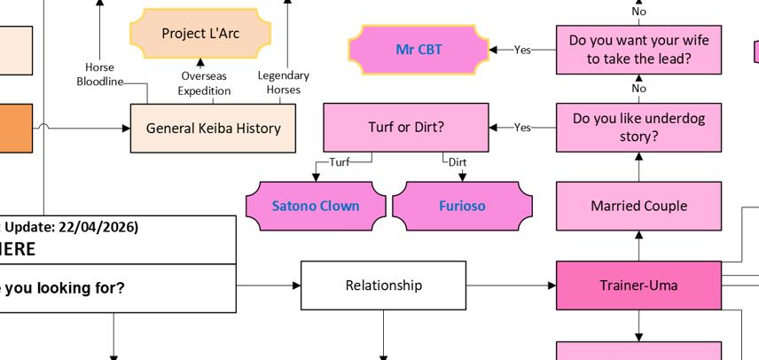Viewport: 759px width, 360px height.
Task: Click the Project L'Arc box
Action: (200, 34)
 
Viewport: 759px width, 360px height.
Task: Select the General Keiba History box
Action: (213, 129)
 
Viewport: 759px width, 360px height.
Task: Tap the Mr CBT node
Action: (419, 50)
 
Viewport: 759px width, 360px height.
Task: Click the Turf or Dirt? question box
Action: (406, 128)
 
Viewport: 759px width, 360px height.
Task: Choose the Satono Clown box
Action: (316, 206)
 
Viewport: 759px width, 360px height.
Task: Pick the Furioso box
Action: (462, 206)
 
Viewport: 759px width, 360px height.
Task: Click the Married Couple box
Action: (638, 206)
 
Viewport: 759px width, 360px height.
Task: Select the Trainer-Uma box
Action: (638, 286)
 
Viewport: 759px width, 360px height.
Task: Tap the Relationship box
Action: (383, 286)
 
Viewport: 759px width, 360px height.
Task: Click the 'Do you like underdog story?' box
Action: (638, 128)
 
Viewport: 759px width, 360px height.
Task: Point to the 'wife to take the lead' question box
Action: (638, 50)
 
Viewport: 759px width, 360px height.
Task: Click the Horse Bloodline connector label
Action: (99, 74)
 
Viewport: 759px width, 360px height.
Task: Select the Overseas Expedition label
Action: (204, 83)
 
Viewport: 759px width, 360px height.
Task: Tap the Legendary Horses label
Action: (284, 82)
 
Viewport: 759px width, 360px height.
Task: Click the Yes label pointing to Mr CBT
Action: (523, 50)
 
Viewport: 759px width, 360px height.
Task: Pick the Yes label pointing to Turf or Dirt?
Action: (523, 128)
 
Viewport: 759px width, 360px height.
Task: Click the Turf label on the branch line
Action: (340, 162)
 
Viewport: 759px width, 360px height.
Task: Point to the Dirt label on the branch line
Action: (458, 162)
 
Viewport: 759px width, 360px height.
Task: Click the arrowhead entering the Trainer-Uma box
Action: (551, 286)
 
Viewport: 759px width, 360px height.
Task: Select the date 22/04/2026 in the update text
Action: (97, 227)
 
